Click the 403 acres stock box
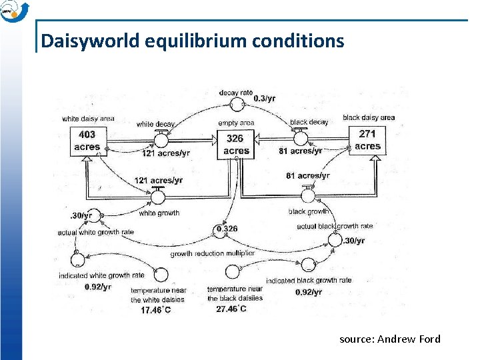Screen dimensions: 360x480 (x=87, y=141)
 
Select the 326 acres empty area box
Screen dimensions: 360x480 (x=236, y=145)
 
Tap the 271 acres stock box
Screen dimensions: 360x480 (x=367, y=140)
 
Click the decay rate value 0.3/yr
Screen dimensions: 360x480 (x=264, y=99)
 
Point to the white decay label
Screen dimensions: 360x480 (x=155, y=124)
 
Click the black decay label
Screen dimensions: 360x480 (x=309, y=123)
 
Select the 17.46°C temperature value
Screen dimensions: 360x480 (x=155, y=309)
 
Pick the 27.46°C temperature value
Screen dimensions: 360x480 (x=231, y=309)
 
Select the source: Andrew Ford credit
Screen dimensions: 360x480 (x=390, y=339)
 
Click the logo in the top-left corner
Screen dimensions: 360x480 (x=14, y=11)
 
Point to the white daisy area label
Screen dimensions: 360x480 (x=87, y=119)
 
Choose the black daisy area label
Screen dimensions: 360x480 (x=369, y=117)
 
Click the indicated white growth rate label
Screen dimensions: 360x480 (x=101, y=275)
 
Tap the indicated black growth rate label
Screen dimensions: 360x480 (x=309, y=281)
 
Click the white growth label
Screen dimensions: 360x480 (x=159, y=213)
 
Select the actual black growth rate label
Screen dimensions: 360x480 (x=335, y=226)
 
